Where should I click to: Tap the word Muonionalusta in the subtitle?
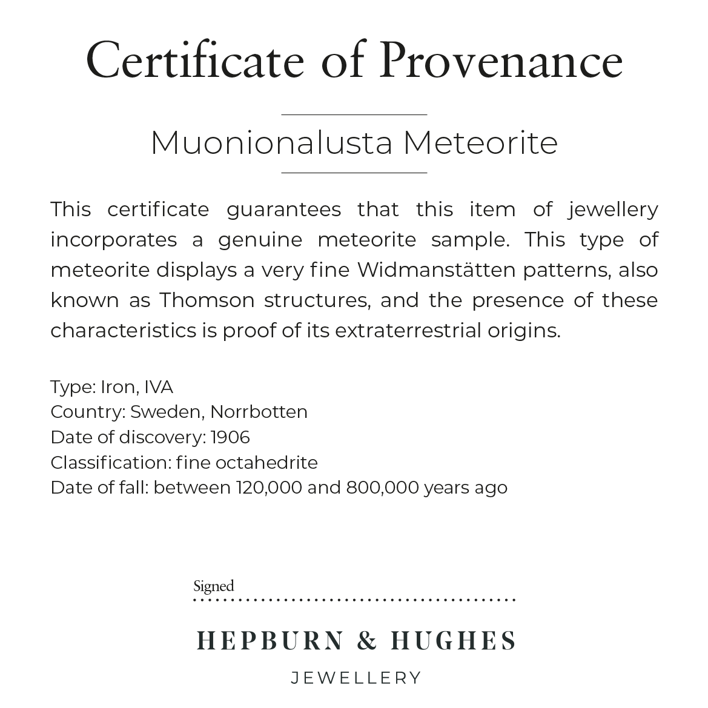pos(271,143)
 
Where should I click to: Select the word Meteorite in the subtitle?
pos(480,143)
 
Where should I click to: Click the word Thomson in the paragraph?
pos(207,300)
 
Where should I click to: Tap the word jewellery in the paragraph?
pos(613,210)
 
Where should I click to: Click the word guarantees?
pos(283,210)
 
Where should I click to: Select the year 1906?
pos(230,437)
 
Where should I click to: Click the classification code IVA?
pos(159,387)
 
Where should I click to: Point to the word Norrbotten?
pos(259,412)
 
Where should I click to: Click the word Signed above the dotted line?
pos(213,586)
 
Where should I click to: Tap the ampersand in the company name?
pos(367,640)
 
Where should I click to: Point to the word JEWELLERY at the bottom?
pos(356,678)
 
